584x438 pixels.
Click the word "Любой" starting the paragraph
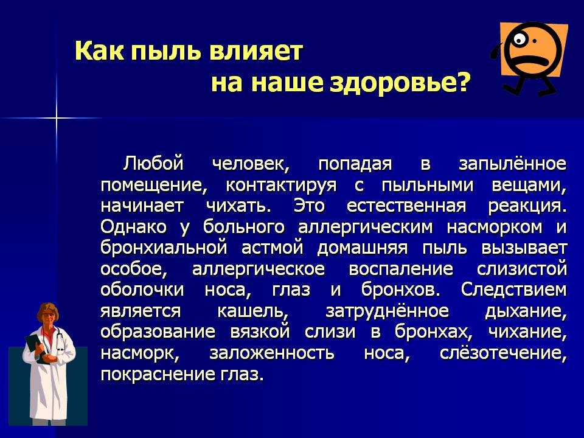point(153,164)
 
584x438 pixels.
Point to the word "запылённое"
point(513,163)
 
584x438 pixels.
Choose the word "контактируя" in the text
point(281,186)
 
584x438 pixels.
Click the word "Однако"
point(133,226)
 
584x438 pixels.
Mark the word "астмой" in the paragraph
point(273,248)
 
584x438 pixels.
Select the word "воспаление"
point(401,269)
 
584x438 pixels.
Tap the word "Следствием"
point(514,290)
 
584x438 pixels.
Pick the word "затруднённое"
point(388,311)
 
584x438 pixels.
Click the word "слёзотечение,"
point(504,352)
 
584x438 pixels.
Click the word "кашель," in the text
point(253,311)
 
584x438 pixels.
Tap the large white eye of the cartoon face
point(519,39)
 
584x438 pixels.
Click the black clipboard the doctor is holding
point(36,348)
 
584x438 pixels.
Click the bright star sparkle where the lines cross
point(57,118)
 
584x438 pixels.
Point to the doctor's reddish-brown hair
point(47,309)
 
